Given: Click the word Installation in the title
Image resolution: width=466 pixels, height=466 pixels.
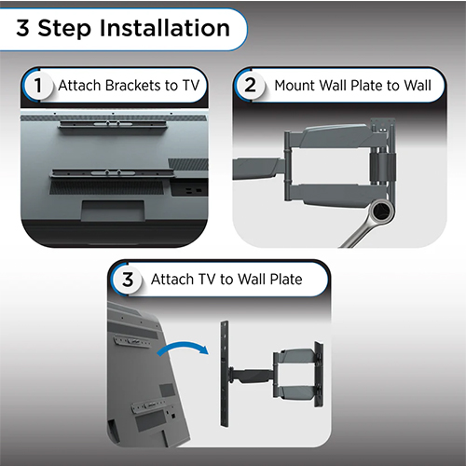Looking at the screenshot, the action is (x=165, y=28).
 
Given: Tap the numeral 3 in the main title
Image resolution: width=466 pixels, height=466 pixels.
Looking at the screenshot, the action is (x=22, y=28).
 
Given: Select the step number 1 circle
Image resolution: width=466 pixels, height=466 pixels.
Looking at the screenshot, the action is (x=38, y=85).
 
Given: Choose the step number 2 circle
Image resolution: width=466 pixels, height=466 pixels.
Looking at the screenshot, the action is (x=250, y=85).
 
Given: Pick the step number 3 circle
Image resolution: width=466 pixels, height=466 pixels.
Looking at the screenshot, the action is (x=128, y=279).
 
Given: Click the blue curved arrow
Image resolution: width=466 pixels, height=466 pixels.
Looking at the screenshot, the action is (x=183, y=348).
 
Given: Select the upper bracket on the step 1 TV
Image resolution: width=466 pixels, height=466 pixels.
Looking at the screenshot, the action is (x=113, y=124).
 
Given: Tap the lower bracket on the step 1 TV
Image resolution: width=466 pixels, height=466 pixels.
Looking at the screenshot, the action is (x=114, y=173).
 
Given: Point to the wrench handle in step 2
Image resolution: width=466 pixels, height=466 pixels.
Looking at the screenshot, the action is (x=358, y=234).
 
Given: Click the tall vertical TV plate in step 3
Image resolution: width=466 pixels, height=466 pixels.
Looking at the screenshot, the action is (x=225, y=374).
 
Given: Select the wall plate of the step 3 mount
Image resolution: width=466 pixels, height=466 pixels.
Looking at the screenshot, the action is (x=319, y=374).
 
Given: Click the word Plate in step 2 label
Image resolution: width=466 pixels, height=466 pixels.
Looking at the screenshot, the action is (x=366, y=86).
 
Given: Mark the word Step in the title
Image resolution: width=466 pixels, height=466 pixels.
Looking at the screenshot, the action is (x=64, y=29).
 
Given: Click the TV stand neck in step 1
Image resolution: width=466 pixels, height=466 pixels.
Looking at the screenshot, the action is (x=114, y=211).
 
